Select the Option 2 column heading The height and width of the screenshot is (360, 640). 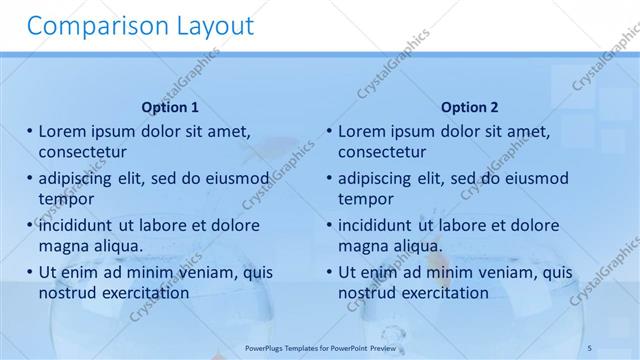(x=469, y=107)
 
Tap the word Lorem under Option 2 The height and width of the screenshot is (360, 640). (x=364, y=131)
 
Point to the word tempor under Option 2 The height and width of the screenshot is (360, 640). (x=366, y=198)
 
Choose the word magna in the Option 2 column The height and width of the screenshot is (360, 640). (x=361, y=245)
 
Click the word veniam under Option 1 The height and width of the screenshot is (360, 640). (x=207, y=272)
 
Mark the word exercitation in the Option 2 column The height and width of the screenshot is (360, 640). (x=443, y=292)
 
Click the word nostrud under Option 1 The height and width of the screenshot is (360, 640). (x=68, y=292)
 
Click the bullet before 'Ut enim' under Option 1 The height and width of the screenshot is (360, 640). (x=29, y=272)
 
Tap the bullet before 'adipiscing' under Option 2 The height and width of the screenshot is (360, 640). (x=329, y=178)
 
